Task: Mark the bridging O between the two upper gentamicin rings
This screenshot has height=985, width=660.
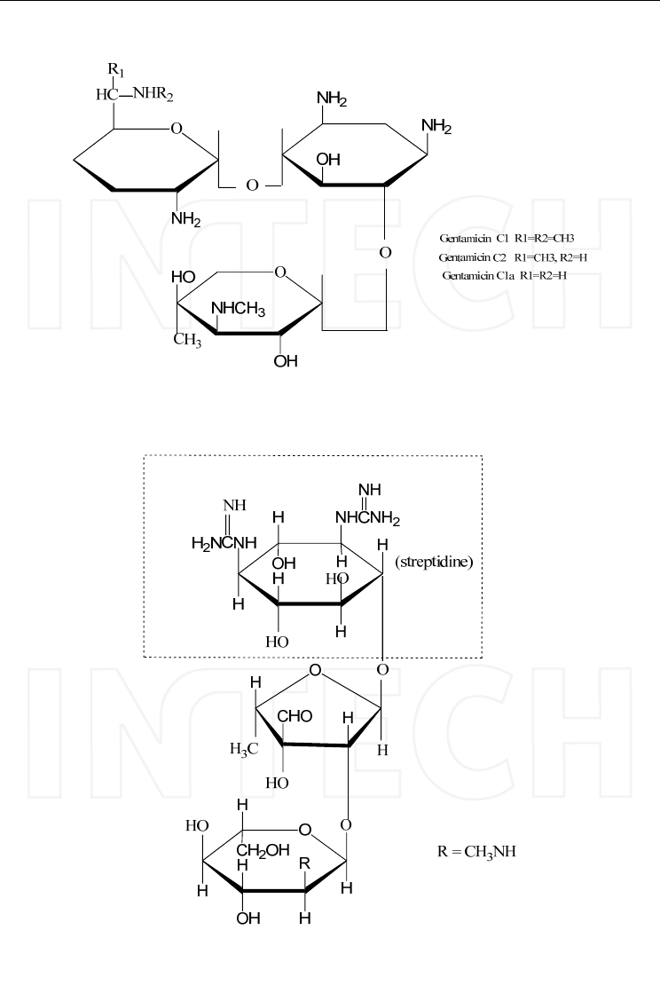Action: [x=251, y=185]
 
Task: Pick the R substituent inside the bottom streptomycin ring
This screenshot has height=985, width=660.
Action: [x=305, y=862]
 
